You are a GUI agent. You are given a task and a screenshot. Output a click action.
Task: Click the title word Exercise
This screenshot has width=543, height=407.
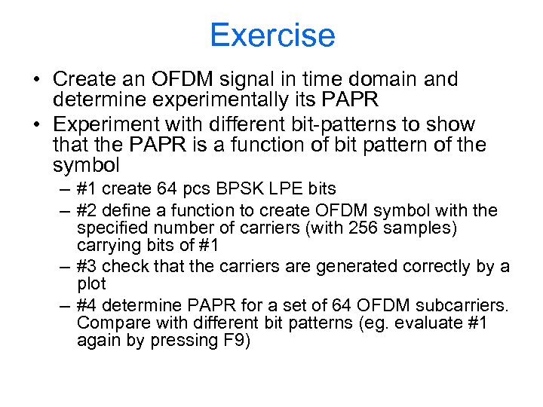click(271, 35)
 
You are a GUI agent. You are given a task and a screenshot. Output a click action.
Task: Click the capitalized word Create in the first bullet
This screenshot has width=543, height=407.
click(79, 80)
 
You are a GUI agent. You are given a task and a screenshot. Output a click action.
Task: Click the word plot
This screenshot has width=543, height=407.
click(91, 284)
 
